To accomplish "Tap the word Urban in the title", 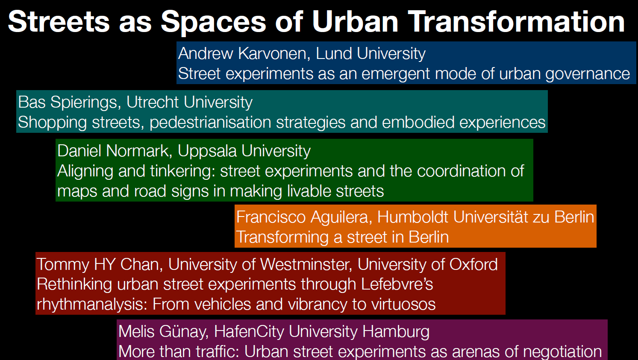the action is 355,22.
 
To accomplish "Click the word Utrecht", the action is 153,102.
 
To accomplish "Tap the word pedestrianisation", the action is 210,123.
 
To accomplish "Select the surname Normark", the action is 139,151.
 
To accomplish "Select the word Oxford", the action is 473,264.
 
